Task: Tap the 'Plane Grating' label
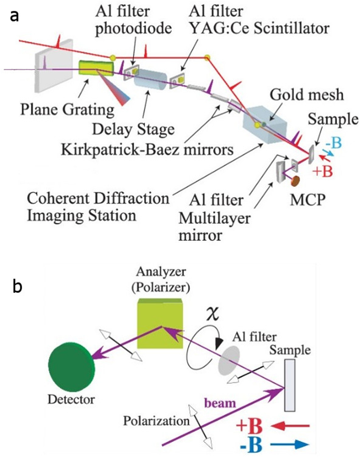pos(67,109)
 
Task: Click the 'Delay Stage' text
pos(133,129)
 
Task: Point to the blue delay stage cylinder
pos(150,79)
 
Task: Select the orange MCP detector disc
pos(295,181)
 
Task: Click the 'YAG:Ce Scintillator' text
pos(259,28)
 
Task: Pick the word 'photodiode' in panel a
pos(133,28)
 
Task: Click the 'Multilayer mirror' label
pos(214,226)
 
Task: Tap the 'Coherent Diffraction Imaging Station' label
pos(97,207)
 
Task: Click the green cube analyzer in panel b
pos(160,324)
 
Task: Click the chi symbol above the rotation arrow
pos(212,314)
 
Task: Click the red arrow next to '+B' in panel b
pos(290,426)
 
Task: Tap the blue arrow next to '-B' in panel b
pos(290,445)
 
